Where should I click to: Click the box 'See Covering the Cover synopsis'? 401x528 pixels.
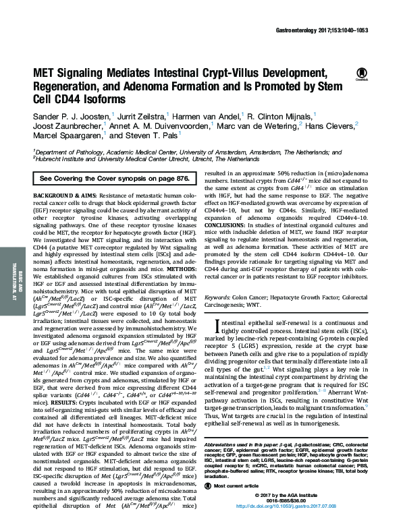click(114, 178)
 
